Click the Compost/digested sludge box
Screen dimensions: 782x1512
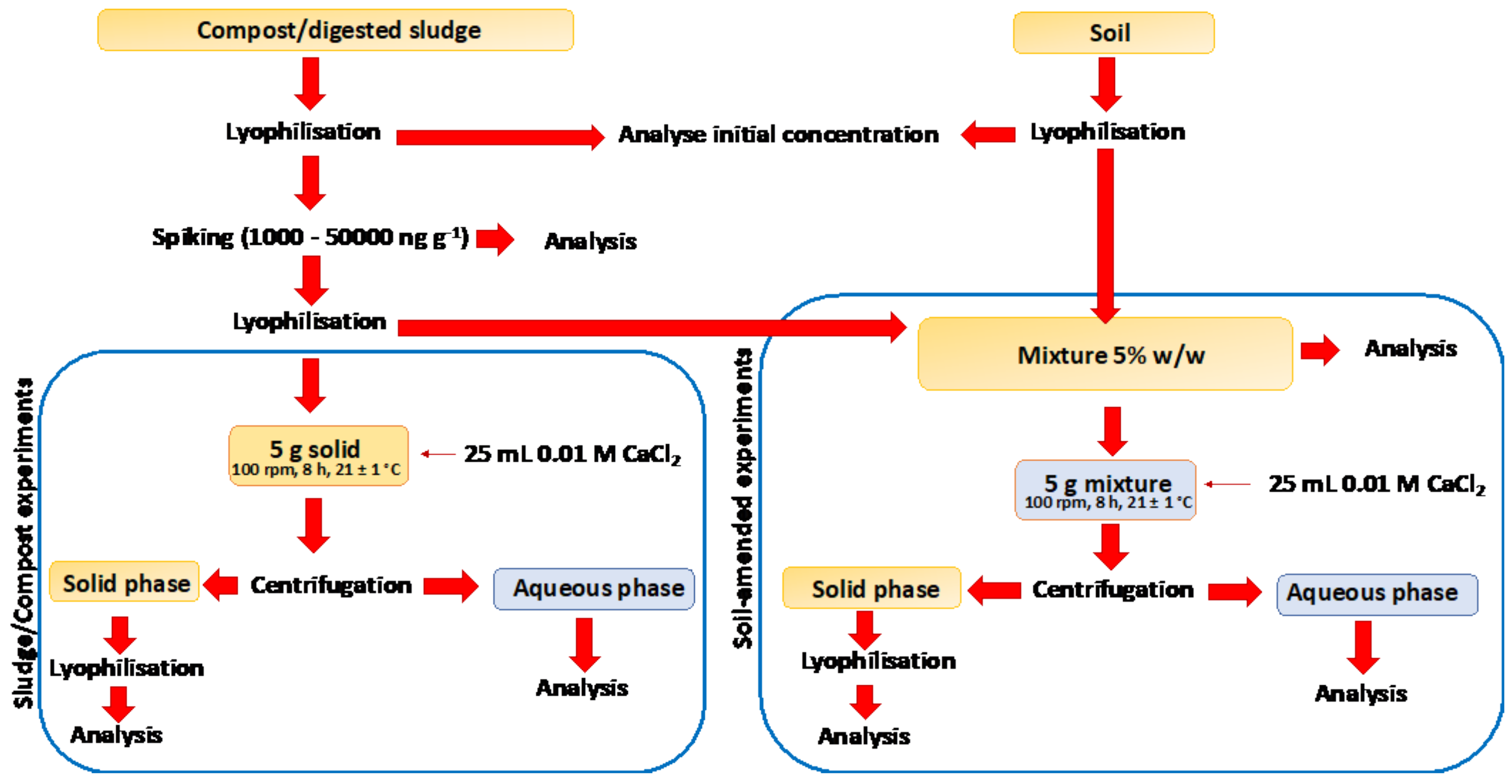pos(335,30)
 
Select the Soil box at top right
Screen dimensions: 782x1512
pos(1113,33)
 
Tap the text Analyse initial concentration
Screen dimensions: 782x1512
pos(778,134)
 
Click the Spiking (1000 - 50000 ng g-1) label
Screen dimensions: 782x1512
pos(310,238)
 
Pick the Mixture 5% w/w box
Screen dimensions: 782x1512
pos(1105,354)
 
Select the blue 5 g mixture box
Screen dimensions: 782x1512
pos(1105,490)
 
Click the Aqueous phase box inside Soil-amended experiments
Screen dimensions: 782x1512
pos(1376,594)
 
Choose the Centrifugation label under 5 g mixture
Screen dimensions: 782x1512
pos(1112,589)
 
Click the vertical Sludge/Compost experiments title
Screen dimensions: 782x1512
pos(24,543)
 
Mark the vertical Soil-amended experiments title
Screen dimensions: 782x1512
pos(743,499)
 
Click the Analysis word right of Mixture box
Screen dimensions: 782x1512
pos(1410,349)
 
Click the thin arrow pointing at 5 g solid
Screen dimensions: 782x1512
pos(438,454)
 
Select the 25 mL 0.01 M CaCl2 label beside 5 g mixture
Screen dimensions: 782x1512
pos(1376,484)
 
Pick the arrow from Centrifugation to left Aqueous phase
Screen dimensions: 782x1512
pos(451,586)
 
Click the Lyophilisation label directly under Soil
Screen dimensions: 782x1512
pos(1107,132)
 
